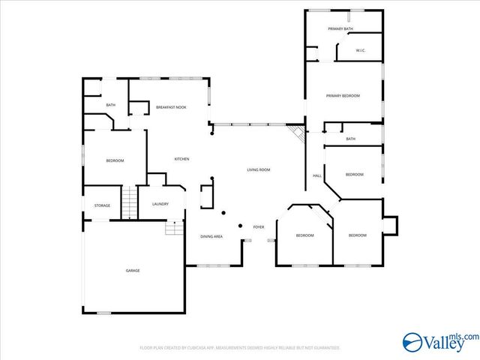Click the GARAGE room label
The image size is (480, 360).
point(132,270)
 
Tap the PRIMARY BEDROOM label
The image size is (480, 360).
point(343,96)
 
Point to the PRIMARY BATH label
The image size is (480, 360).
point(340,28)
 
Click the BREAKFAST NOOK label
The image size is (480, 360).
point(171,108)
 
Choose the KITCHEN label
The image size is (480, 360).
point(181,159)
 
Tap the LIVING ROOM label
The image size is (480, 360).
point(259,170)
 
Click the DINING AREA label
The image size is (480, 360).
point(211,236)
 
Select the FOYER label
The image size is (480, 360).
point(258,226)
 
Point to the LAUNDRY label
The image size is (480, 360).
point(160,203)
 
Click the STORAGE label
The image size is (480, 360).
point(102,205)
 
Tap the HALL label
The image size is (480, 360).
point(317,176)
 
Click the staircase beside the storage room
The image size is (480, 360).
point(130,201)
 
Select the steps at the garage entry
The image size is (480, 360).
point(175,226)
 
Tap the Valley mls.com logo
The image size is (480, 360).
point(439,341)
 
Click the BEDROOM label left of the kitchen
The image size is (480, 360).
point(115,160)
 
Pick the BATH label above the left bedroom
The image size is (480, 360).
point(111,105)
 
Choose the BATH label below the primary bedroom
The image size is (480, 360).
point(350,139)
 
